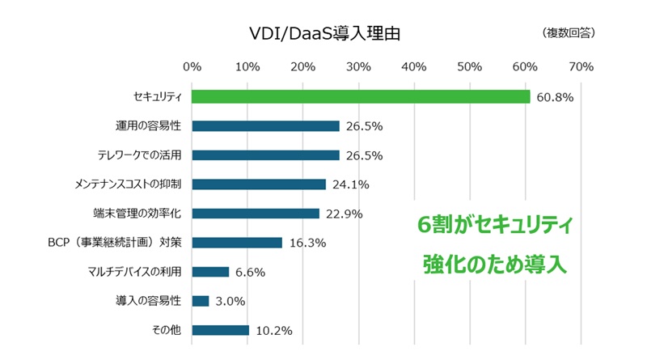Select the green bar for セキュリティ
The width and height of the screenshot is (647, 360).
tap(361, 97)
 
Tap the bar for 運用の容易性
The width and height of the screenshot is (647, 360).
tap(265, 126)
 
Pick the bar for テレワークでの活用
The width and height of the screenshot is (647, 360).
tap(265, 155)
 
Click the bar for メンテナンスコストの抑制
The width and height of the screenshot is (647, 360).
tap(259, 184)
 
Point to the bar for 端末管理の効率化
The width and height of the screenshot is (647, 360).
tap(256, 214)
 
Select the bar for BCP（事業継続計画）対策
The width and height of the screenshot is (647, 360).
tap(237, 243)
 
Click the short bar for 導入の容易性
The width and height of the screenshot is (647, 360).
tap(201, 301)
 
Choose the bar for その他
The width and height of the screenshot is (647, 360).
tap(220, 330)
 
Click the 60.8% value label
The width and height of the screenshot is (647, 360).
tap(555, 98)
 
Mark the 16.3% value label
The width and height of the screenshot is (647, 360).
tap(307, 243)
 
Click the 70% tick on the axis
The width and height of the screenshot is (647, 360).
tap(581, 66)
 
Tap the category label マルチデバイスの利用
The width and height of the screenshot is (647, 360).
tap(138, 272)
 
